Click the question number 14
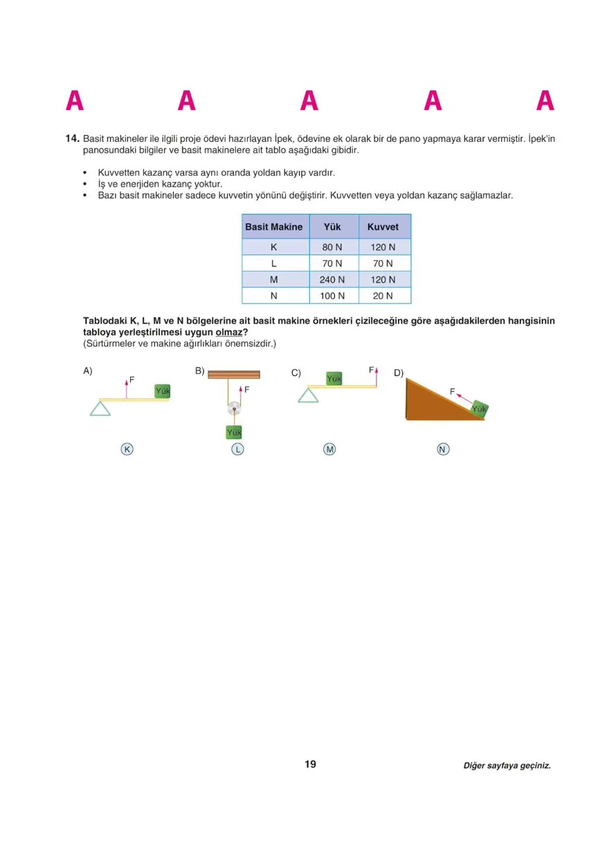pos(73,138)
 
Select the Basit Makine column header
pos(274,227)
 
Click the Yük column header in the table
pos(332,227)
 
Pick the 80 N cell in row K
pos(332,247)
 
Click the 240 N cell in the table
pos(332,279)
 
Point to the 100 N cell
pos(332,295)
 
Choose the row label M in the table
pos(274,279)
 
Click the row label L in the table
pos(274,264)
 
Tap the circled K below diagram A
pos(127,449)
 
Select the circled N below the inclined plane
pos(443,450)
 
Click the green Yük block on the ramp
pos(479,410)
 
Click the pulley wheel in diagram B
pos(235,409)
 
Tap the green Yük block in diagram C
pos(334,378)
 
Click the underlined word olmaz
pos(229,331)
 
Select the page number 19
pos(310,764)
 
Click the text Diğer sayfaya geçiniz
pos(507,766)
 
